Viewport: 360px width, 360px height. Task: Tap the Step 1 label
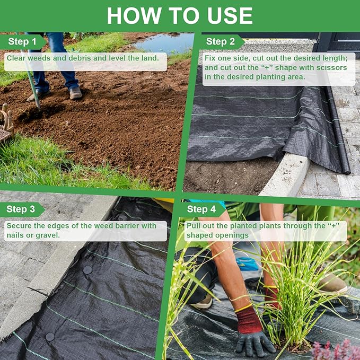[22, 41]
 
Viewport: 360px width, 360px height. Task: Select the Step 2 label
[220, 41]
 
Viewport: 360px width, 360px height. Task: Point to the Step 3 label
[21, 209]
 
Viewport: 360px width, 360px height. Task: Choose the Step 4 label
[201, 209]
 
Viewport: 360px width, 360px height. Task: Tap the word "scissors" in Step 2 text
[328, 68]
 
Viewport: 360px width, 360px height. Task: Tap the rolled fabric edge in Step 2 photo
[340, 138]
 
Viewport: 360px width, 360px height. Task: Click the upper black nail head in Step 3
[87, 270]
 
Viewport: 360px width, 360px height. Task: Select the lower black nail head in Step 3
[50, 337]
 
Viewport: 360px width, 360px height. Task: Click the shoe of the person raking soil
[76, 93]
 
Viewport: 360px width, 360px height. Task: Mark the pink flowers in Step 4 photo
[334, 350]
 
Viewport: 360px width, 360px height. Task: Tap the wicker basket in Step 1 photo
[6, 125]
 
